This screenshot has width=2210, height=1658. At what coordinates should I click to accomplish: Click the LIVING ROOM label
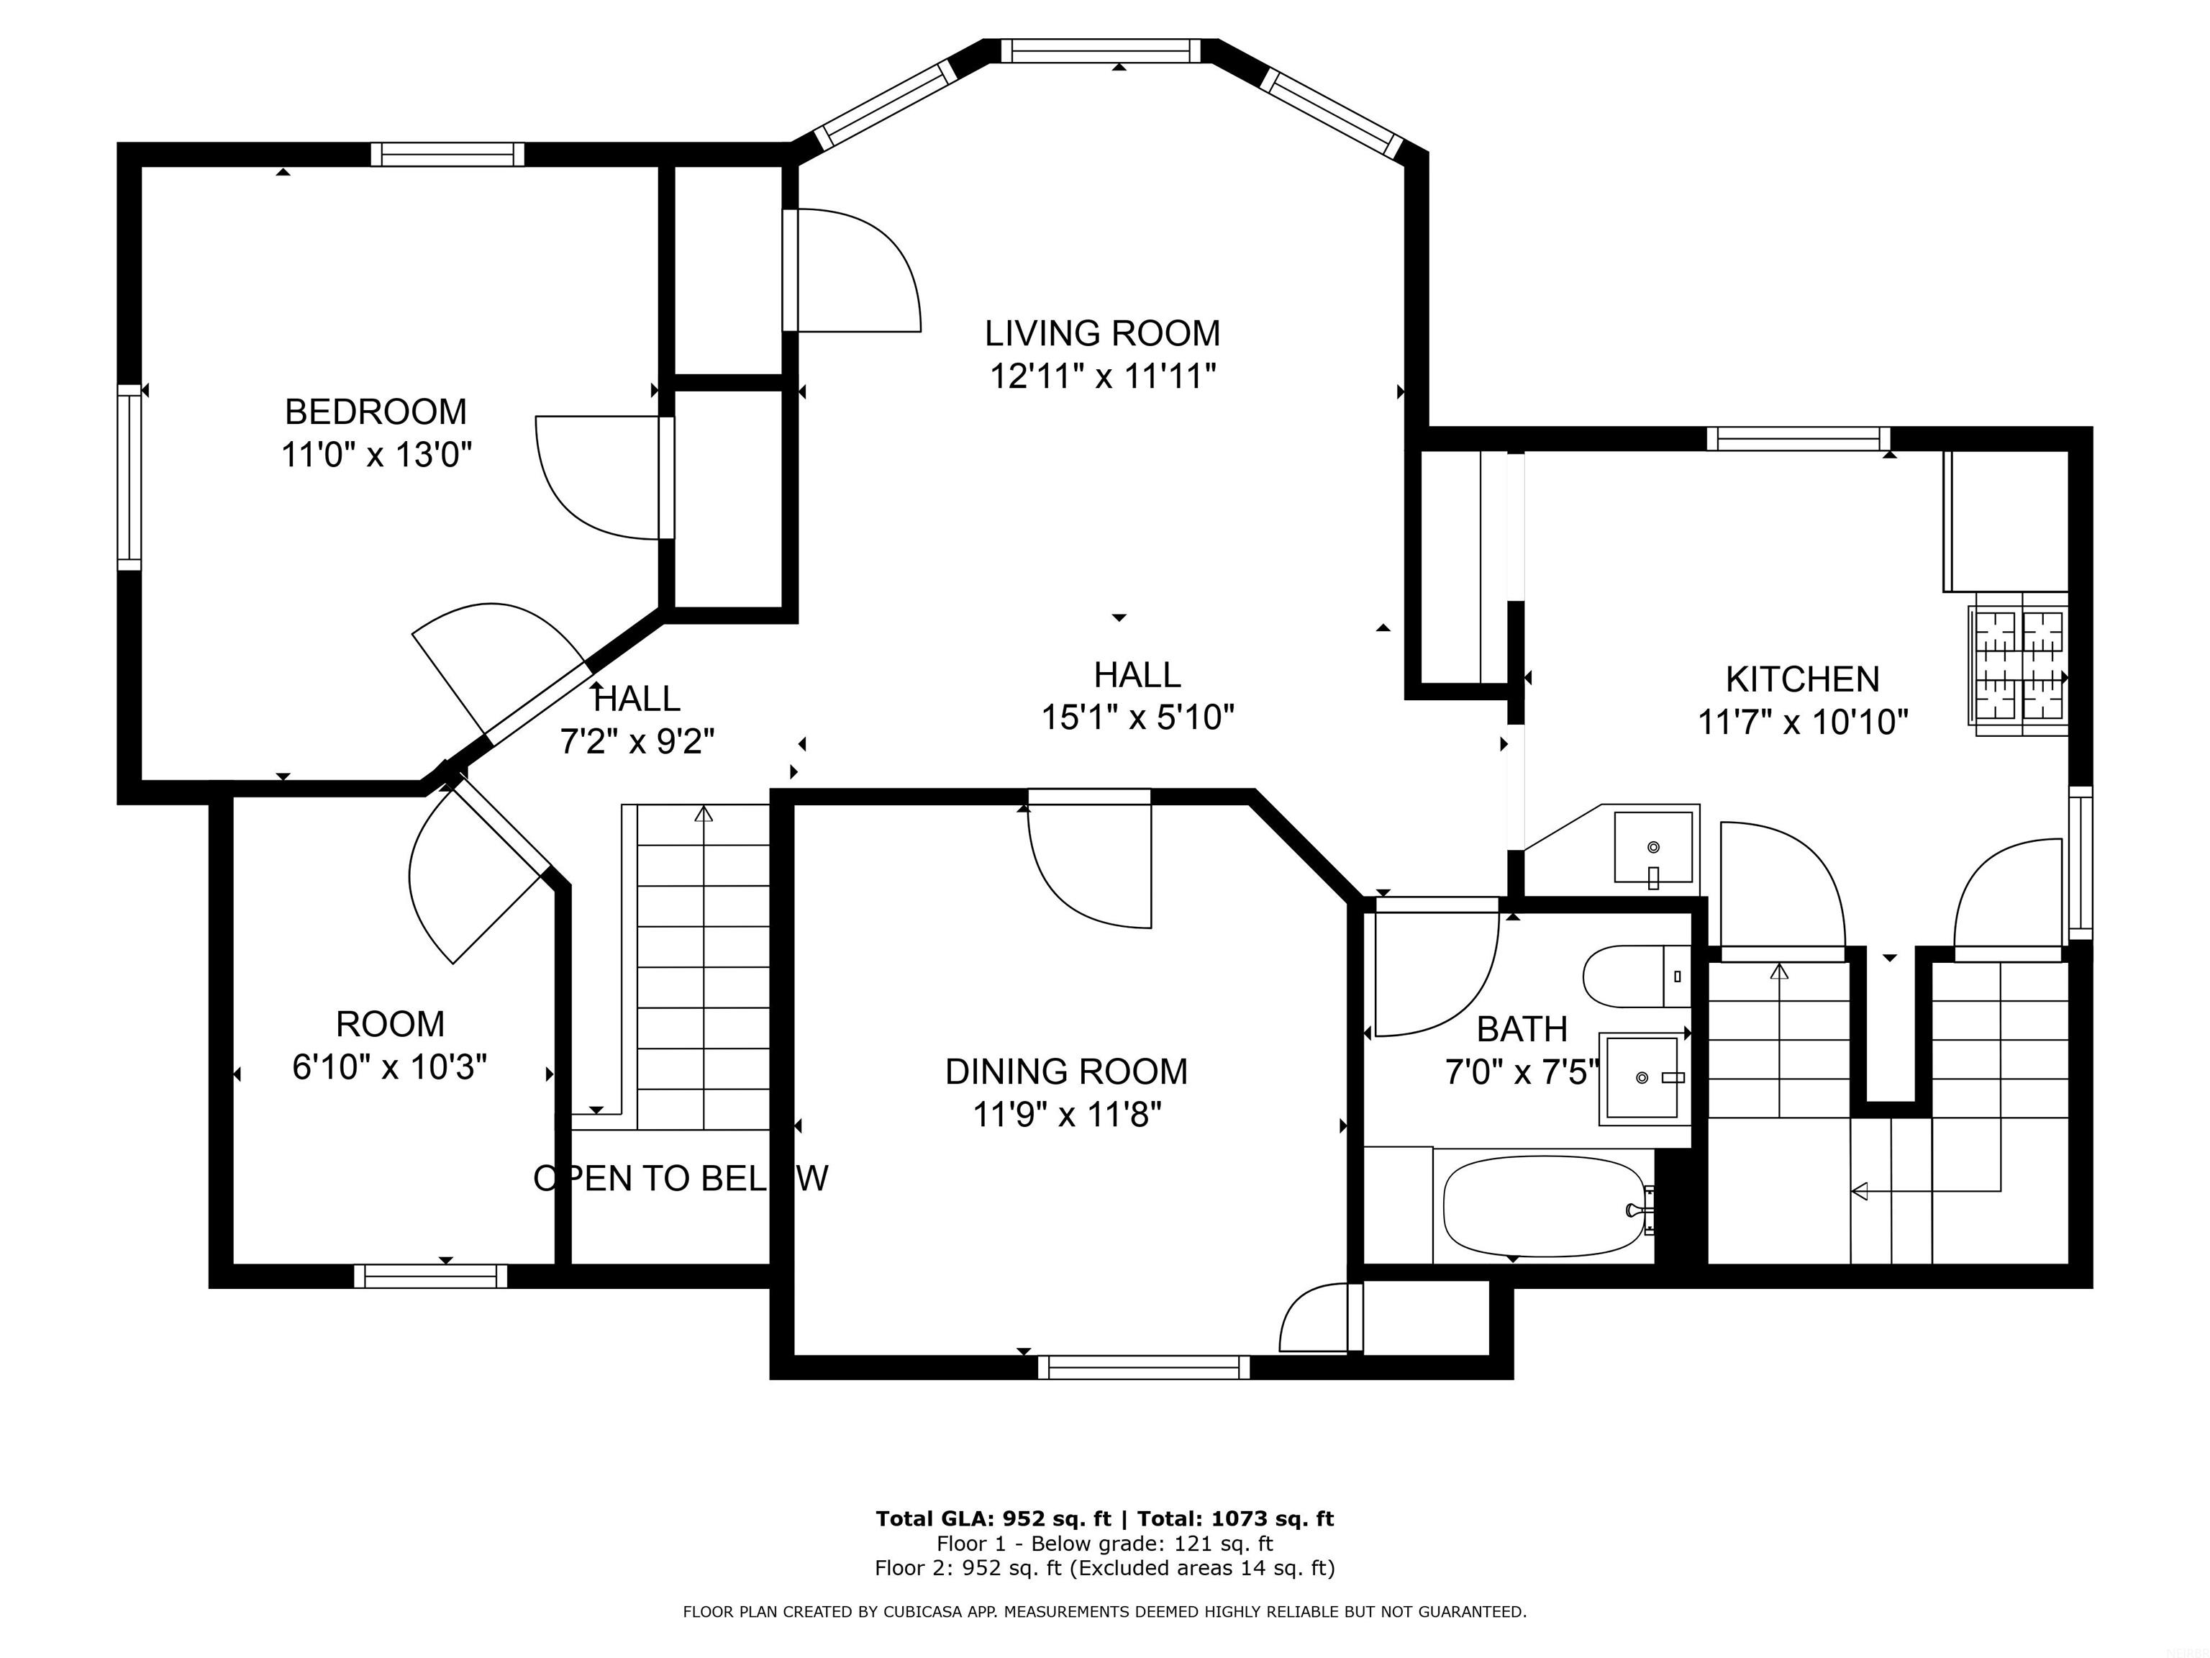click(x=1102, y=332)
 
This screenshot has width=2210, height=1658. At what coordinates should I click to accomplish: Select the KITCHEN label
click(x=1801, y=679)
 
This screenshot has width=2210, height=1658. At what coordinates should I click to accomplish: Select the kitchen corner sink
click(x=1653, y=846)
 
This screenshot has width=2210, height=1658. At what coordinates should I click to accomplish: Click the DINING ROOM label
click(x=1066, y=1072)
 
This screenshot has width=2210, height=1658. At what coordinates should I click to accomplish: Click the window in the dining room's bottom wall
click(x=1143, y=1367)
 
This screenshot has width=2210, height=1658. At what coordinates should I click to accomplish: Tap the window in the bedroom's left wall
click(x=129, y=478)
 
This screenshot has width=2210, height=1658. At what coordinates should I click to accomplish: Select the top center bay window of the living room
click(x=1100, y=51)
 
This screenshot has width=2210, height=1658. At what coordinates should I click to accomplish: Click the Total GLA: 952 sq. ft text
click(x=992, y=1519)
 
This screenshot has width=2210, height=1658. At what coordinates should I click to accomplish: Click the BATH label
click(x=1521, y=1029)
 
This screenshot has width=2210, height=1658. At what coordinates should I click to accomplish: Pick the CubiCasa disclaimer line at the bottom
click(x=1104, y=1611)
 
